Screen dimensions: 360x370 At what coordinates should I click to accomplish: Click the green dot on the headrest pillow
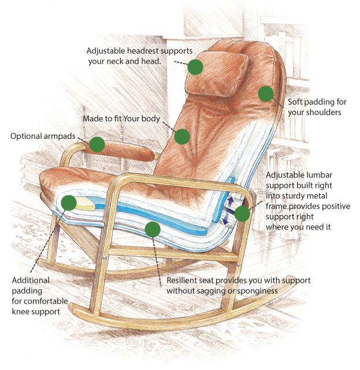coord(195,67)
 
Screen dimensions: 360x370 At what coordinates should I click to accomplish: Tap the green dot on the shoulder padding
coord(266,94)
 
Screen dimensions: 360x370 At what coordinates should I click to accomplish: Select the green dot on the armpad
coord(97,145)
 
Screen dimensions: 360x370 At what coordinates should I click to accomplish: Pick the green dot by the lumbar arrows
coord(242,213)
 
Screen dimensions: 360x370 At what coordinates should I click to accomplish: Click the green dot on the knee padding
coord(69,203)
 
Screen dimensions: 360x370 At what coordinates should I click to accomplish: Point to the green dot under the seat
coord(153,230)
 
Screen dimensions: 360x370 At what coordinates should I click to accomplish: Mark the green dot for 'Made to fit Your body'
coord(182,136)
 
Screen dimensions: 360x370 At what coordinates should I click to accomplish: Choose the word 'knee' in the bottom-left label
coord(20,312)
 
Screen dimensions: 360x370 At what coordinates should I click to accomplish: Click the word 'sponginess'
coord(257,291)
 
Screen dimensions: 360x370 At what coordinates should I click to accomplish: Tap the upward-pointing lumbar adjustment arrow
coord(231,202)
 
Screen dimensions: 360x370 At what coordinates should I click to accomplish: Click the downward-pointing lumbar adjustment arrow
coord(225,220)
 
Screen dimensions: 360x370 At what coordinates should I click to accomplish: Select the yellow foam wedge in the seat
coord(85,203)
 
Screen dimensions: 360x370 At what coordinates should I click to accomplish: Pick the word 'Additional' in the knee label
coord(31,280)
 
